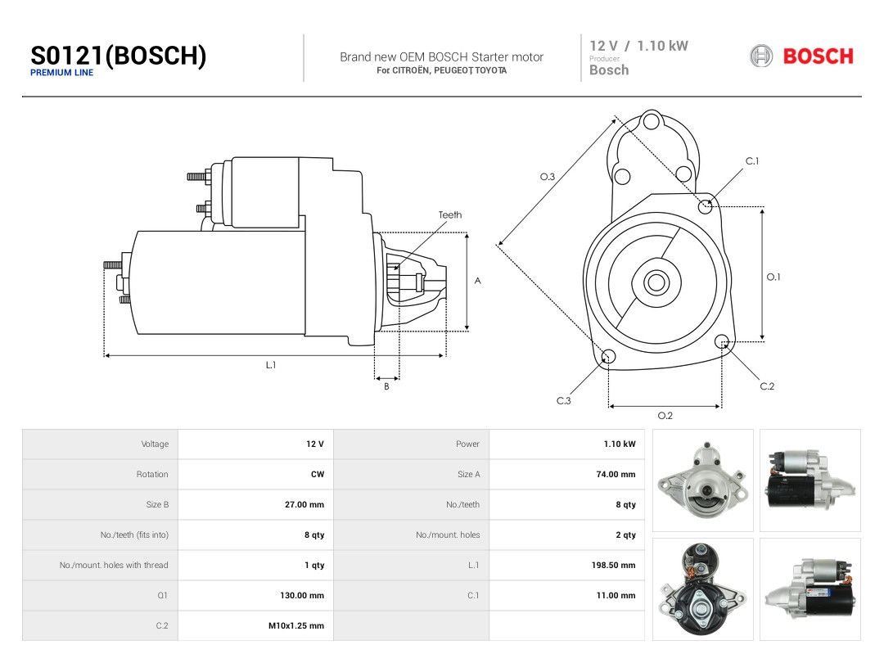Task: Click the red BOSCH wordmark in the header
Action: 818,56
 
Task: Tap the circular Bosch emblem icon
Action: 761,56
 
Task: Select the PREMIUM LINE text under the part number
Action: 62,73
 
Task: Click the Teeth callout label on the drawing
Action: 450,214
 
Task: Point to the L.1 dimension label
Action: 271,365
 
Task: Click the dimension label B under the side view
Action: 386,386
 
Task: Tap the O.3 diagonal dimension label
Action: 548,177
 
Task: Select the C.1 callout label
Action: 752,161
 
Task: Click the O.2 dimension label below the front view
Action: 665,416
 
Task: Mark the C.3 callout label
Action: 564,401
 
